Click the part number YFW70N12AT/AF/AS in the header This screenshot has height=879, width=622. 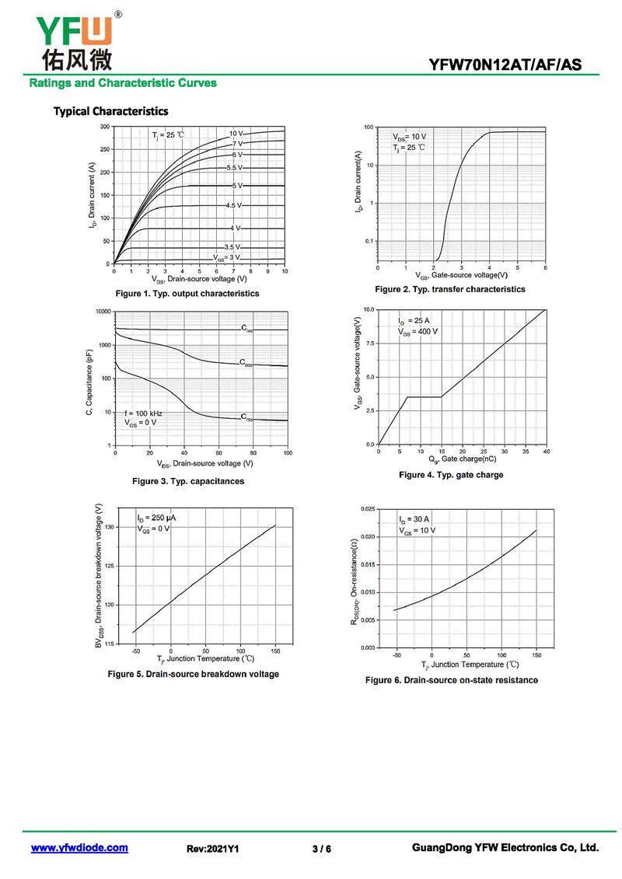click(505, 65)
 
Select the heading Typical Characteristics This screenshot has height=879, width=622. click(110, 111)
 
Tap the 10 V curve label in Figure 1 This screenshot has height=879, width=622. click(236, 134)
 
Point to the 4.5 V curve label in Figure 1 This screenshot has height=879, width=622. click(233, 205)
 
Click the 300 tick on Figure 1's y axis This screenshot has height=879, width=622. click(104, 126)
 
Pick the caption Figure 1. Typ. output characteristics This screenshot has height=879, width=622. click(187, 294)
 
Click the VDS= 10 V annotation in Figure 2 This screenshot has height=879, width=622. click(410, 137)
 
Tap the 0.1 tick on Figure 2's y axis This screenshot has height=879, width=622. click(368, 242)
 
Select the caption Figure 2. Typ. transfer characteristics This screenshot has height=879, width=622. click(450, 289)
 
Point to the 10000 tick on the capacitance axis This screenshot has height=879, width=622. click(101, 312)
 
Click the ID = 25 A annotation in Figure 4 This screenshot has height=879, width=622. click(414, 321)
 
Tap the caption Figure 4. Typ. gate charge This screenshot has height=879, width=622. click(451, 475)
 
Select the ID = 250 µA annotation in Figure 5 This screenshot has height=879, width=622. click(156, 518)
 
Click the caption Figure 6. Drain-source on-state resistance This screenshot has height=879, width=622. click(452, 680)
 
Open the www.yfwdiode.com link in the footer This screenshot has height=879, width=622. click(79, 848)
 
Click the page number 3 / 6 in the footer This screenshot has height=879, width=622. click(322, 849)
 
